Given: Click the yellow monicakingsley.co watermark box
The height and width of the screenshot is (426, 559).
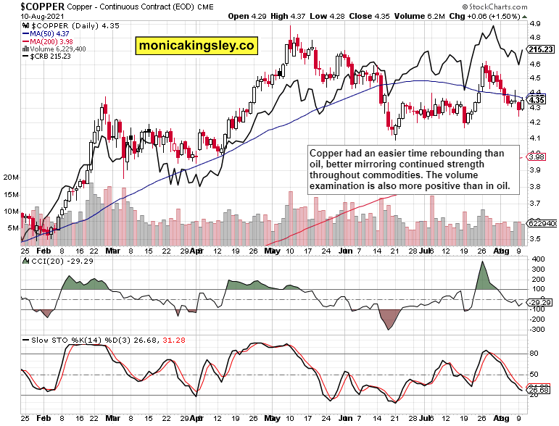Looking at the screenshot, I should (196, 46).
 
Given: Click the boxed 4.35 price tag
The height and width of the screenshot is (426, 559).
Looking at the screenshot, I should (537, 99).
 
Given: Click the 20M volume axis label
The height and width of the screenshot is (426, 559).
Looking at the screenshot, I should (11, 177).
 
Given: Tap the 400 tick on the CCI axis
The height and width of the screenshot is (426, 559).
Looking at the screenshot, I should (538, 259).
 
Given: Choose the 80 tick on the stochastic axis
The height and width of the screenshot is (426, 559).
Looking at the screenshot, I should (535, 354).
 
